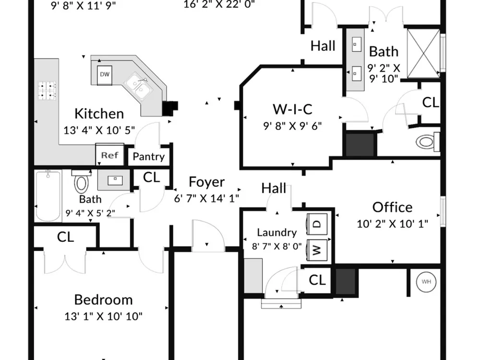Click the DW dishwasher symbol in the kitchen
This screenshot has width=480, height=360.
pyautogui.click(x=105, y=75)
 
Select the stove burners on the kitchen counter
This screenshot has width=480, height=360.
pyautogui.click(x=47, y=91)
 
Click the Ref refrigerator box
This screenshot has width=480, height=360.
pyautogui.click(x=110, y=155)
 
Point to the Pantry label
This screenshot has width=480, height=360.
pyautogui.click(x=148, y=157)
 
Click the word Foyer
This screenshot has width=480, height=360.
pyautogui.click(x=206, y=182)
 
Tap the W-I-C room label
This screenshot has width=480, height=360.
pyautogui.click(x=292, y=109)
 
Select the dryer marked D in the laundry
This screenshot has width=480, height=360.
pyautogui.click(x=317, y=224)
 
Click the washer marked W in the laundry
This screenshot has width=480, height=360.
pyautogui.click(x=317, y=250)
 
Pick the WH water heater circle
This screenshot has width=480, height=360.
pyautogui.click(x=426, y=282)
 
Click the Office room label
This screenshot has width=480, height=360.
pyautogui.click(x=393, y=207)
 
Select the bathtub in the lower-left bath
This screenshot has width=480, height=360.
pyautogui.click(x=48, y=196)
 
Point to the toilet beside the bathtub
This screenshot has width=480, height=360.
pyautogui.click(x=82, y=181)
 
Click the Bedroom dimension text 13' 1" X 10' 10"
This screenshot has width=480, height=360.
pyautogui.click(x=104, y=316)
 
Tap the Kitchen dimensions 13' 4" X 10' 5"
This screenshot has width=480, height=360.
pyautogui.click(x=99, y=130)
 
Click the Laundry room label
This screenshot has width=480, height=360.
pyautogui.click(x=277, y=233)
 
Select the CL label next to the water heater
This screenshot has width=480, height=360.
pyautogui.click(x=317, y=280)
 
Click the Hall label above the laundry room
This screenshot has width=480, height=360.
pyautogui.click(x=274, y=188)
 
